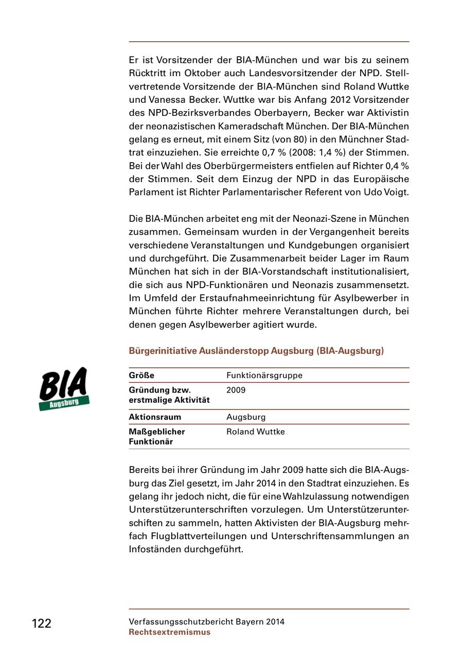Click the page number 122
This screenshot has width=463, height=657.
click(x=42, y=624)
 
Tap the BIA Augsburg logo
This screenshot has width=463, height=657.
click(x=64, y=389)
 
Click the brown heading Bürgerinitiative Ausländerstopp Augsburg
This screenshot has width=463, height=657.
click(x=256, y=351)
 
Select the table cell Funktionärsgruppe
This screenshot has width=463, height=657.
click(x=264, y=376)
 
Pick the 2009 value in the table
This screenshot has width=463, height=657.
click(x=236, y=390)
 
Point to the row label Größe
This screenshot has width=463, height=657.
click(x=141, y=376)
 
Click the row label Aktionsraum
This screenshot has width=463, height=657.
click(x=155, y=417)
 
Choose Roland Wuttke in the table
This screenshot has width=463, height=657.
click(x=255, y=432)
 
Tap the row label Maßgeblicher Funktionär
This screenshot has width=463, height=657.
click(x=157, y=436)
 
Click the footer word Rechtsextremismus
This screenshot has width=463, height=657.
click(x=170, y=632)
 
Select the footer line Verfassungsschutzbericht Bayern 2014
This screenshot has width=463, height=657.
click(x=206, y=622)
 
